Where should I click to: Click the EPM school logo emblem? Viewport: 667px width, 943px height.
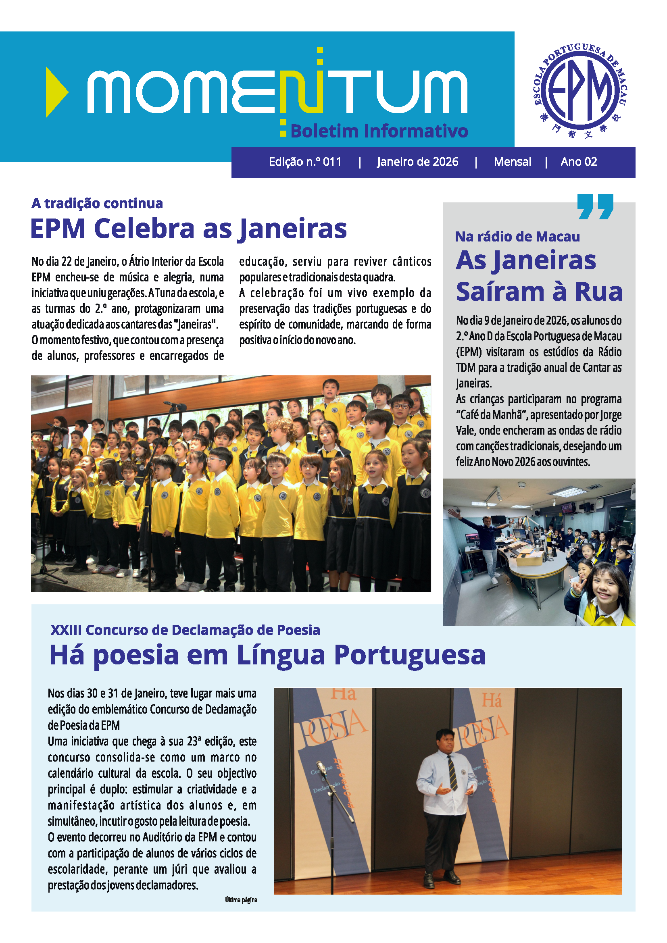579,91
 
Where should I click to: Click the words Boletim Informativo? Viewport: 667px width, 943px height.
379,131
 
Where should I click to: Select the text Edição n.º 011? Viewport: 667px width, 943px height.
305,162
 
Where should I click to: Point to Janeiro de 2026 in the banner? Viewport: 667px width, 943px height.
417,162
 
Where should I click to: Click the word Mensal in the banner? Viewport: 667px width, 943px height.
512,162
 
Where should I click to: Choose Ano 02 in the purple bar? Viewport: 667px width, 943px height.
579,162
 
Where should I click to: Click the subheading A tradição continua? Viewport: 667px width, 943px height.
97,203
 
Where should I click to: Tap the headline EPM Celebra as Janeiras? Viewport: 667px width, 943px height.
188,228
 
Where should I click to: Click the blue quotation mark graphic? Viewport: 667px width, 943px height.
595,206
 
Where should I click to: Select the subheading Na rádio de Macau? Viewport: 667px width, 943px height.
517,237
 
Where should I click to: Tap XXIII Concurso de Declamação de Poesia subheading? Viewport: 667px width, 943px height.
185,630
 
